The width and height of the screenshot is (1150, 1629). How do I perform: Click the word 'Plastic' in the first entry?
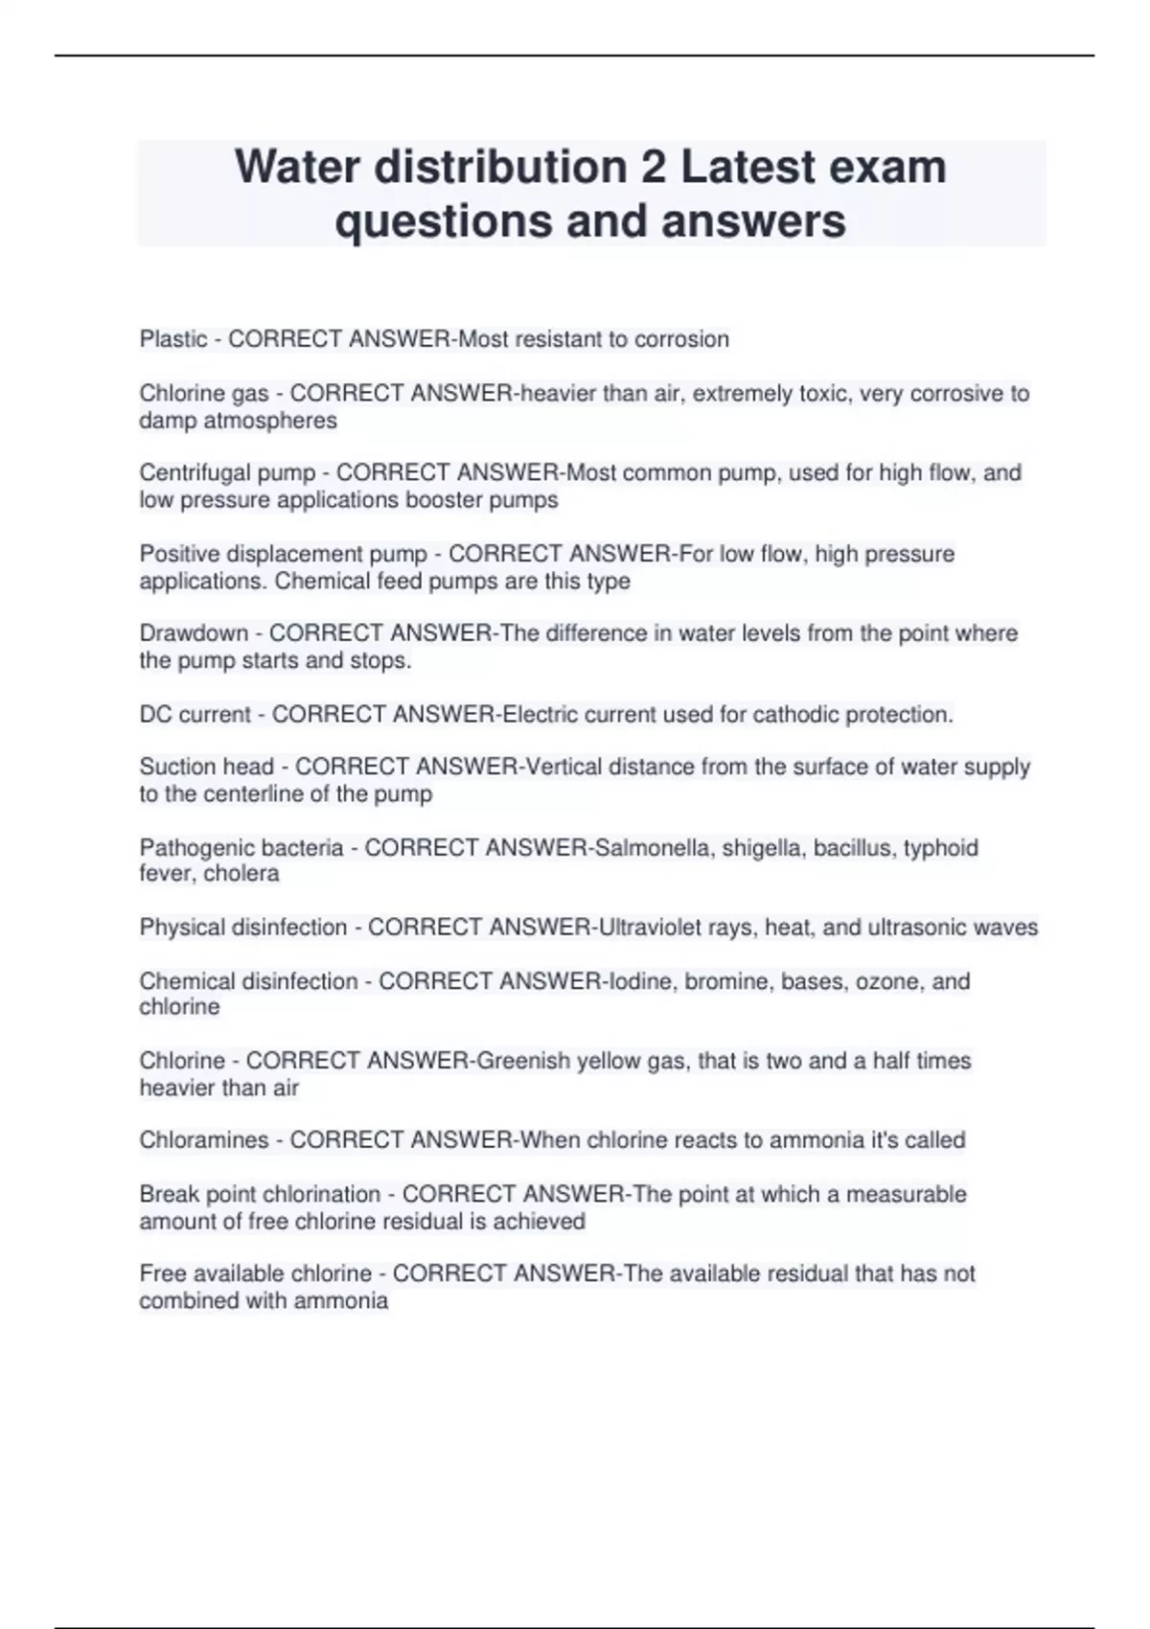(x=173, y=339)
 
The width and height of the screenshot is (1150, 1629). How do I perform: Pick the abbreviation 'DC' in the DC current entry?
(x=155, y=714)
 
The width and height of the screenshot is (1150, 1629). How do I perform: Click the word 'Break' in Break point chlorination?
(x=166, y=1194)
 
